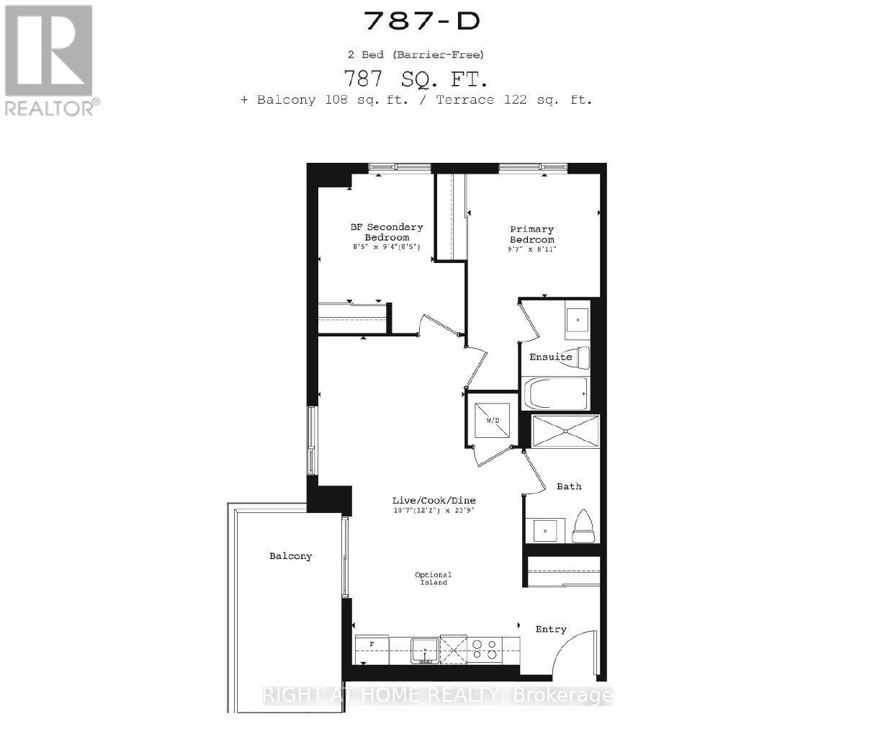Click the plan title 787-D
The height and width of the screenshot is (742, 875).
pyautogui.click(x=421, y=21)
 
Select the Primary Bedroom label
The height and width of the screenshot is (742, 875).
pyautogui.click(x=532, y=235)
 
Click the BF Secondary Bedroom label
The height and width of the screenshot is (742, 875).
pyautogui.click(x=387, y=232)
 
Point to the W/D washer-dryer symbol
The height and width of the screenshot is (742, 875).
pyautogui.click(x=493, y=419)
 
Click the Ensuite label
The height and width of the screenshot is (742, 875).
pyautogui.click(x=550, y=357)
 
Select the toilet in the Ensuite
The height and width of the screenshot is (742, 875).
pyautogui.click(x=580, y=357)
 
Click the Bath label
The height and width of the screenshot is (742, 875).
pyautogui.click(x=569, y=486)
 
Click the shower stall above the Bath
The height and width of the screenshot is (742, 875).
pyautogui.click(x=565, y=432)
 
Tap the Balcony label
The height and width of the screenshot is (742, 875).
pyautogui.click(x=291, y=555)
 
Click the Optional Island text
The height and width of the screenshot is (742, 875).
pyautogui.click(x=432, y=578)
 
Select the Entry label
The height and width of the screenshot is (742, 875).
pyautogui.click(x=551, y=629)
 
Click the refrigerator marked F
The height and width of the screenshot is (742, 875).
pyautogui.click(x=372, y=649)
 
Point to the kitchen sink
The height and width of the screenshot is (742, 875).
pyautogui.click(x=424, y=651)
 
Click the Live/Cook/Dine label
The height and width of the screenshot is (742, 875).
pyautogui.click(x=434, y=500)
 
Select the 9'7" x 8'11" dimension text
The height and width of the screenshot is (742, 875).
pyautogui.click(x=532, y=249)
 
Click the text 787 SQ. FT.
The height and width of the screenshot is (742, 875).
pyautogui.click(x=417, y=76)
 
